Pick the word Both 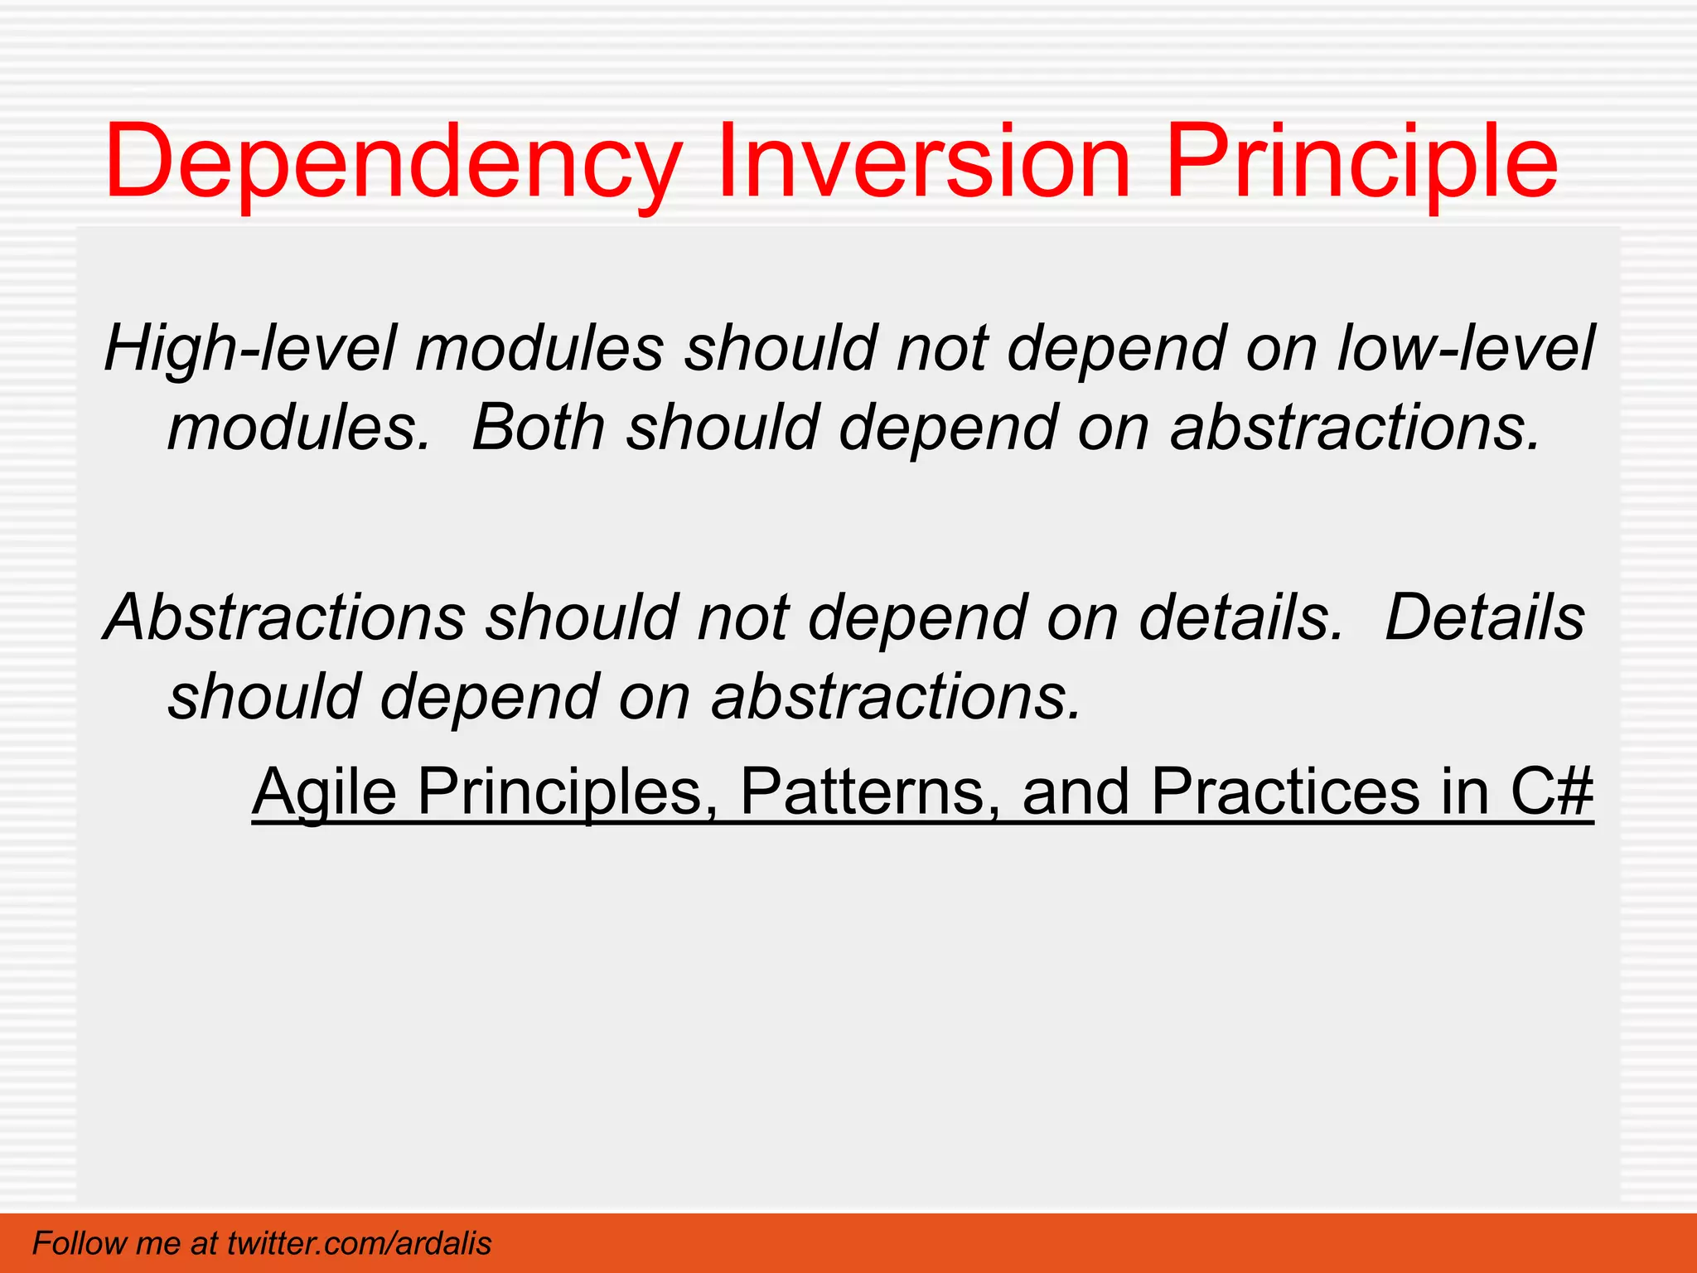click(539, 427)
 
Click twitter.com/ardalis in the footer click(359, 1243)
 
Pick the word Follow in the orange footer click(80, 1243)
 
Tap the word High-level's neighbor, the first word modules click(539, 348)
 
